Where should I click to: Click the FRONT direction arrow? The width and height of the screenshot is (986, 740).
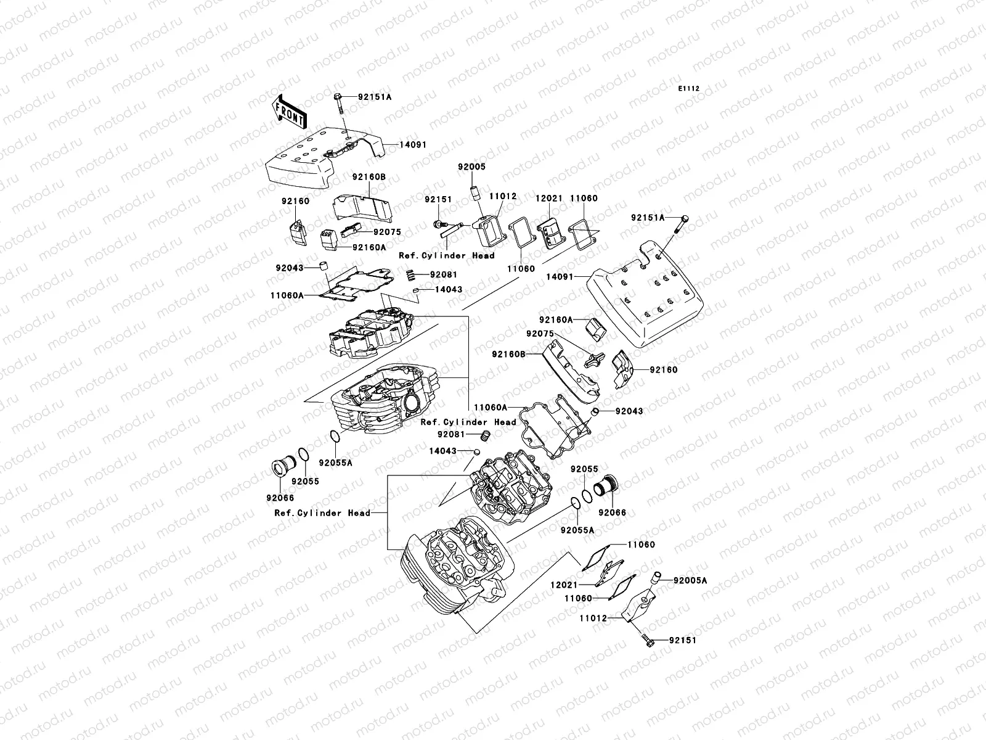tap(290, 111)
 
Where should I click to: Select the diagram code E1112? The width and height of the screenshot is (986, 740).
tap(689, 89)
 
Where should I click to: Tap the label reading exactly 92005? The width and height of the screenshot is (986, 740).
tap(471, 167)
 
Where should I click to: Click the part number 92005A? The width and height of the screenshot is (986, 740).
tap(690, 580)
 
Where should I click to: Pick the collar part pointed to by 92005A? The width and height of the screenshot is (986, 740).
tap(656, 580)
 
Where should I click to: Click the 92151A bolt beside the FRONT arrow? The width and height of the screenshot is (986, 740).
tap(340, 108)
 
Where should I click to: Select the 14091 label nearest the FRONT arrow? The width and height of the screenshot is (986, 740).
tap(413, 145)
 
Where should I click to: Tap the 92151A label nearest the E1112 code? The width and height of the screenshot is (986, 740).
tap(648, 218)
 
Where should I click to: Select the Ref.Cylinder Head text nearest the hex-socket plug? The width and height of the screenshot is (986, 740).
tap(322, 513)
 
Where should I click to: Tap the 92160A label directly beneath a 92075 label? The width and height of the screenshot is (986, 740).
tap(369, 247)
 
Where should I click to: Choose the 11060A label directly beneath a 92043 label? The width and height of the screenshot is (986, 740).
tap(287, 295)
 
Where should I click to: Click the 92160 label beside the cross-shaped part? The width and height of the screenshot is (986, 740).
tap(662, 370)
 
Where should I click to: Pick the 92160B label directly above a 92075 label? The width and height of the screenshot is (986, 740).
tap(369, 177)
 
